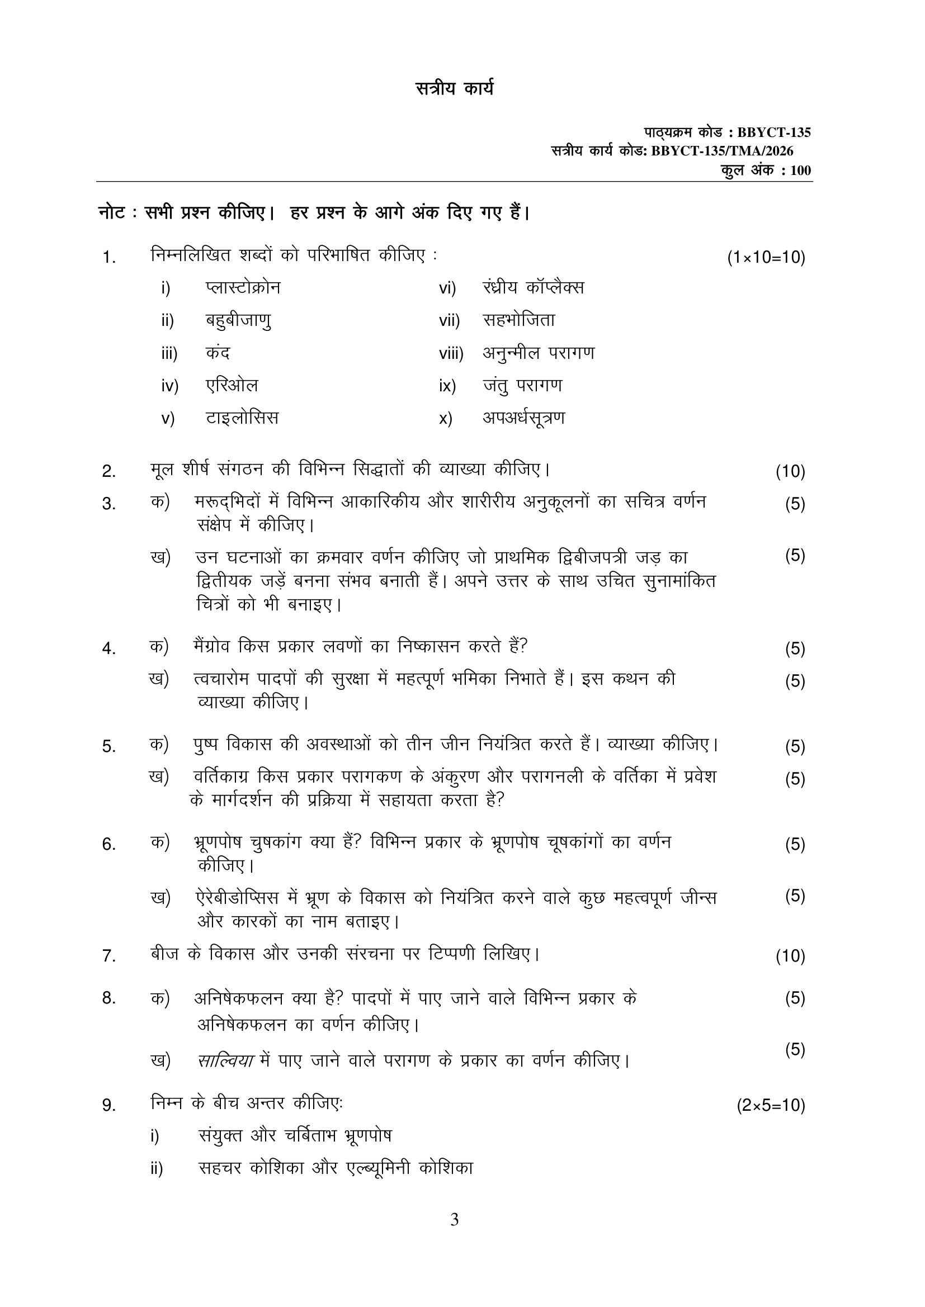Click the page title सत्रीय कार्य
[454, 89]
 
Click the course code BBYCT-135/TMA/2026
[721, 151]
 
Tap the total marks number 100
[800, 170]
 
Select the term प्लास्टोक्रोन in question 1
[243, 287]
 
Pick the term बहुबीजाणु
[238, 320]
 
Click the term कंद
[218, 353]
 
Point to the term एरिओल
[232, 385]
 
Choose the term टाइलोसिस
[242, 418]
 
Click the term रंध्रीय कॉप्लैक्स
[533, 287]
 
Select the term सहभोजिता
[519, 320]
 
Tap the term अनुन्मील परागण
[539, 353]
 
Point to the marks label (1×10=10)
[766, 258]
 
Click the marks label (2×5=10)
[771, 1106]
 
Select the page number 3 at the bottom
[454, 1220]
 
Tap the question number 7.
[109, 956]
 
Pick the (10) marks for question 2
[790, 471]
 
